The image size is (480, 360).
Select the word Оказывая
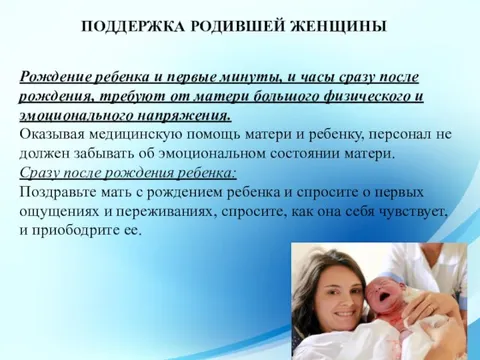tap(55, 135)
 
